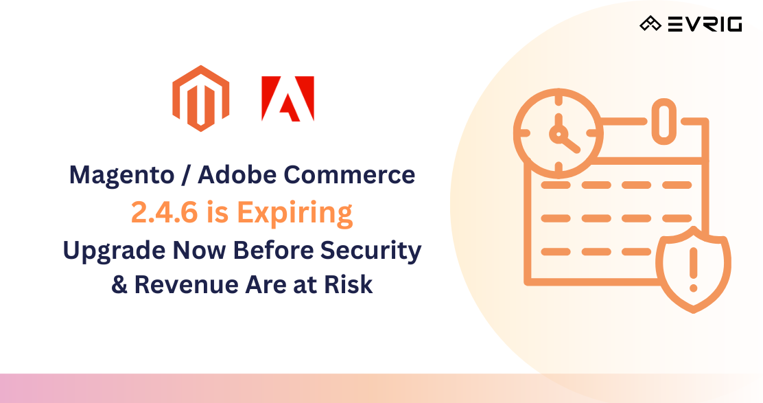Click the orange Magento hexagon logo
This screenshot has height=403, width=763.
pyautogui.click(x=200, y=98)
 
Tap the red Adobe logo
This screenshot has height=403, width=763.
pyautogui.click(x=287, y=99)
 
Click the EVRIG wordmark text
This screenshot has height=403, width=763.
pyautogui.click(x=705, y=25)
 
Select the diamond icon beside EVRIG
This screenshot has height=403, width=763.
pyautogui.click(x=650, y=25)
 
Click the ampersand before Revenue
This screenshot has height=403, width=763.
pyautogui.click(x=119, y=284)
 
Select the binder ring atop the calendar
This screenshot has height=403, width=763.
pyautogui.click(x=663, y=122)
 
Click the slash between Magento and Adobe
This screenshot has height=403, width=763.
pyautogui.click(x=185, y=176)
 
